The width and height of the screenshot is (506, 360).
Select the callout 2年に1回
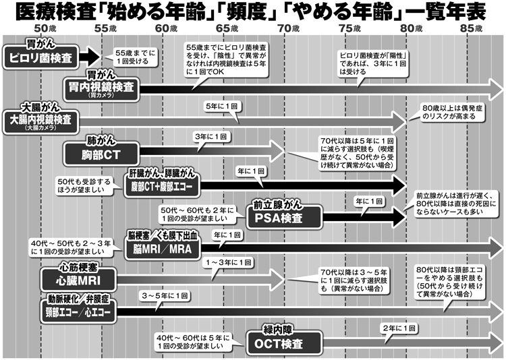tap(397, 328)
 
